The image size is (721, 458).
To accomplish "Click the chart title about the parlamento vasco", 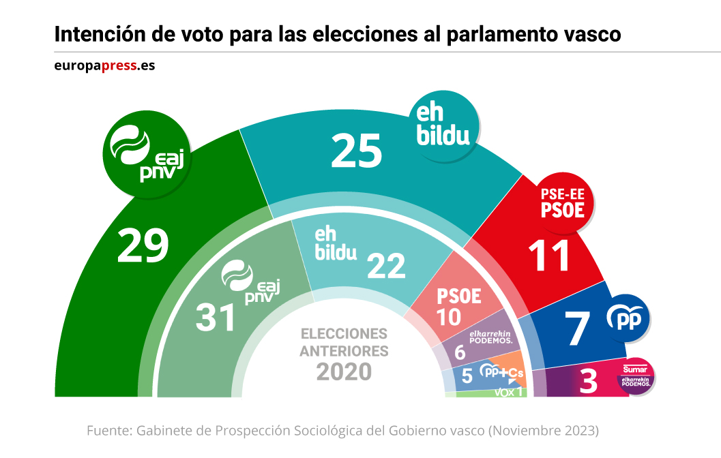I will [x=338, y=34].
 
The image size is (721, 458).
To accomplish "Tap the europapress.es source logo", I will [x=104, y=67].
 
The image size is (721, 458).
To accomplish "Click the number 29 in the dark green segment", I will [x=143, y=246].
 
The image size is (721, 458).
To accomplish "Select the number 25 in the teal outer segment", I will [x=356, y=151].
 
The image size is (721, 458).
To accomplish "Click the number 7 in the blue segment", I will [x=578, y=329].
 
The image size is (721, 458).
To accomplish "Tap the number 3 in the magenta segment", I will [x=588, y=382].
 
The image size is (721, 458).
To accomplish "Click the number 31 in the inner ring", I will [x=216, y=318].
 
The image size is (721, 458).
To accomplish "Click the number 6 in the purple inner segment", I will [x=459, y=353].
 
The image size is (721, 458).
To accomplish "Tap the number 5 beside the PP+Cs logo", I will [x=467, y=374].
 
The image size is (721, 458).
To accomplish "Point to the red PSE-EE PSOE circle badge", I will [x=562, y=202].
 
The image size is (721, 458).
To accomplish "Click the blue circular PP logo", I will [x=627, y=319].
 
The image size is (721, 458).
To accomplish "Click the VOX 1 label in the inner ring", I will [x=507, y=391].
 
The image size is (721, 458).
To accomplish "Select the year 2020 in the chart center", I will [x=344, y=371].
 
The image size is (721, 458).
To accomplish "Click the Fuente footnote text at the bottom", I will [x=342, y=431].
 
